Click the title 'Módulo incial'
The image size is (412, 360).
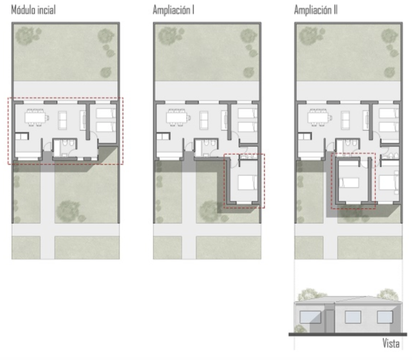point(33,10)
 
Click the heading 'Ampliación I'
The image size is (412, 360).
point(174,10)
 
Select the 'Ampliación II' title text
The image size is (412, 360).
point(316,10)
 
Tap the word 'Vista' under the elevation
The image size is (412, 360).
point(391,344)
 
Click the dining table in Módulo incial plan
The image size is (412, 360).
point(37,117)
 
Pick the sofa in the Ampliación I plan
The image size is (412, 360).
point(204,121)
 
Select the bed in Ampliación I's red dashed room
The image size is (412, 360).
point(248,182)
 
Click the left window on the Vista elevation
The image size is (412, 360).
point(311,317)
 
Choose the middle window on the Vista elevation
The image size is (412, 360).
point(353,317)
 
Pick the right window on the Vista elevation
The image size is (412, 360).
point(385,317)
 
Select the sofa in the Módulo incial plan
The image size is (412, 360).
point(62,121)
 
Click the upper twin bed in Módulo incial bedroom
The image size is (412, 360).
point(106,113)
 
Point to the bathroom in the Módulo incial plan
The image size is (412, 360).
point(65,148)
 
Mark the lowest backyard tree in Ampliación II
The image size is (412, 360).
point(389,72)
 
